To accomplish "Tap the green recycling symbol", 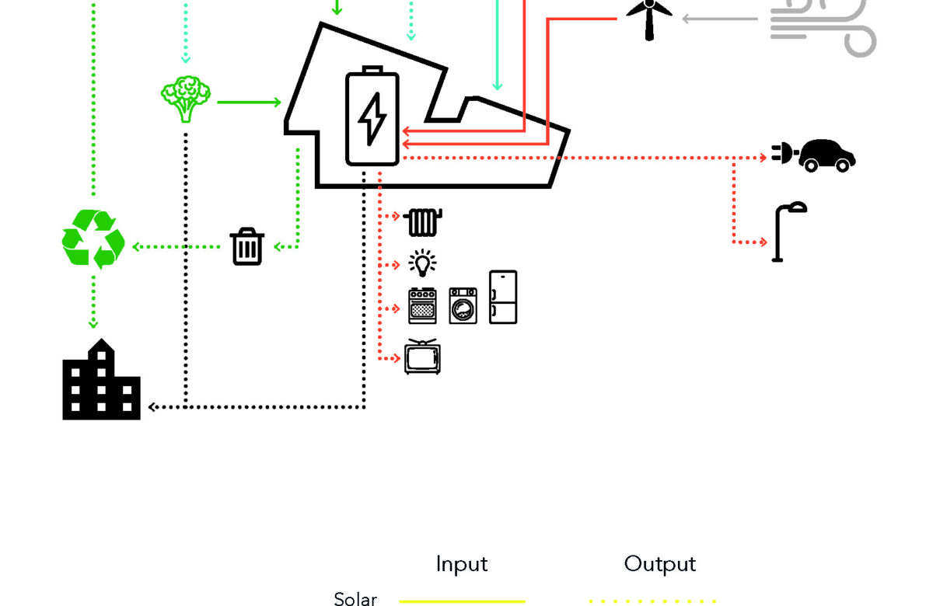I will point(93,239).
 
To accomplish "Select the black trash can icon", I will point(247,246).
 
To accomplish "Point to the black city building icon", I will point(101,381).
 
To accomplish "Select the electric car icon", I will point(815,155).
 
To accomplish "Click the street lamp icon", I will point(787,232).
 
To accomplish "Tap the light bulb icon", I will point(422,264).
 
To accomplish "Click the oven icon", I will point(422,305).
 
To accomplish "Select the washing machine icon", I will point(463,305).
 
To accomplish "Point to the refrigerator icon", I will point(503,297).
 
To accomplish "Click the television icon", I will point(422,357).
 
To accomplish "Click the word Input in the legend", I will point(462,564).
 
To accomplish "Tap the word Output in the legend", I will point(660,564).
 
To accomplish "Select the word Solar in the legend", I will point(355,598).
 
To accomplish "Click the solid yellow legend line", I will point(462,601).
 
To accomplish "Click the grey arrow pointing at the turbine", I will point(719,19).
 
